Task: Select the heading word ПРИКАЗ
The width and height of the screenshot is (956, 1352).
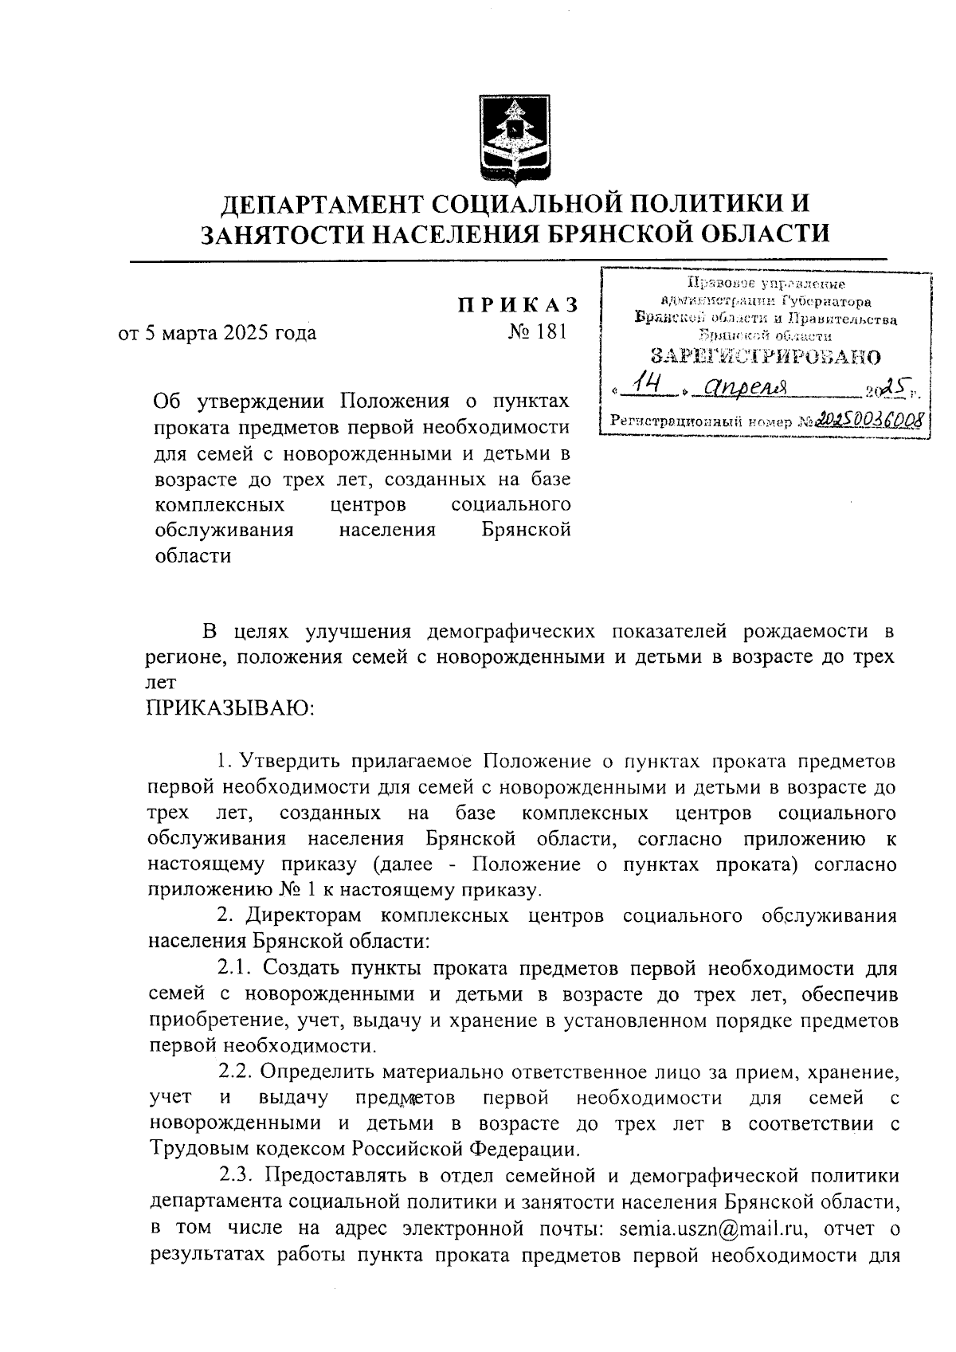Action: click(x=516, y=306)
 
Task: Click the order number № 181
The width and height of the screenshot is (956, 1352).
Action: click(x=538, y=331)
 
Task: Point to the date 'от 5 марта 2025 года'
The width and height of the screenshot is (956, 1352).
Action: click(x=217, y=332)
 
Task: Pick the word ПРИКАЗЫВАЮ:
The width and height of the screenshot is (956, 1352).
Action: click(x=231, y=707)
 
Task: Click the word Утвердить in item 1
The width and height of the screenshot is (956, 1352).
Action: click(x=290, y=761)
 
